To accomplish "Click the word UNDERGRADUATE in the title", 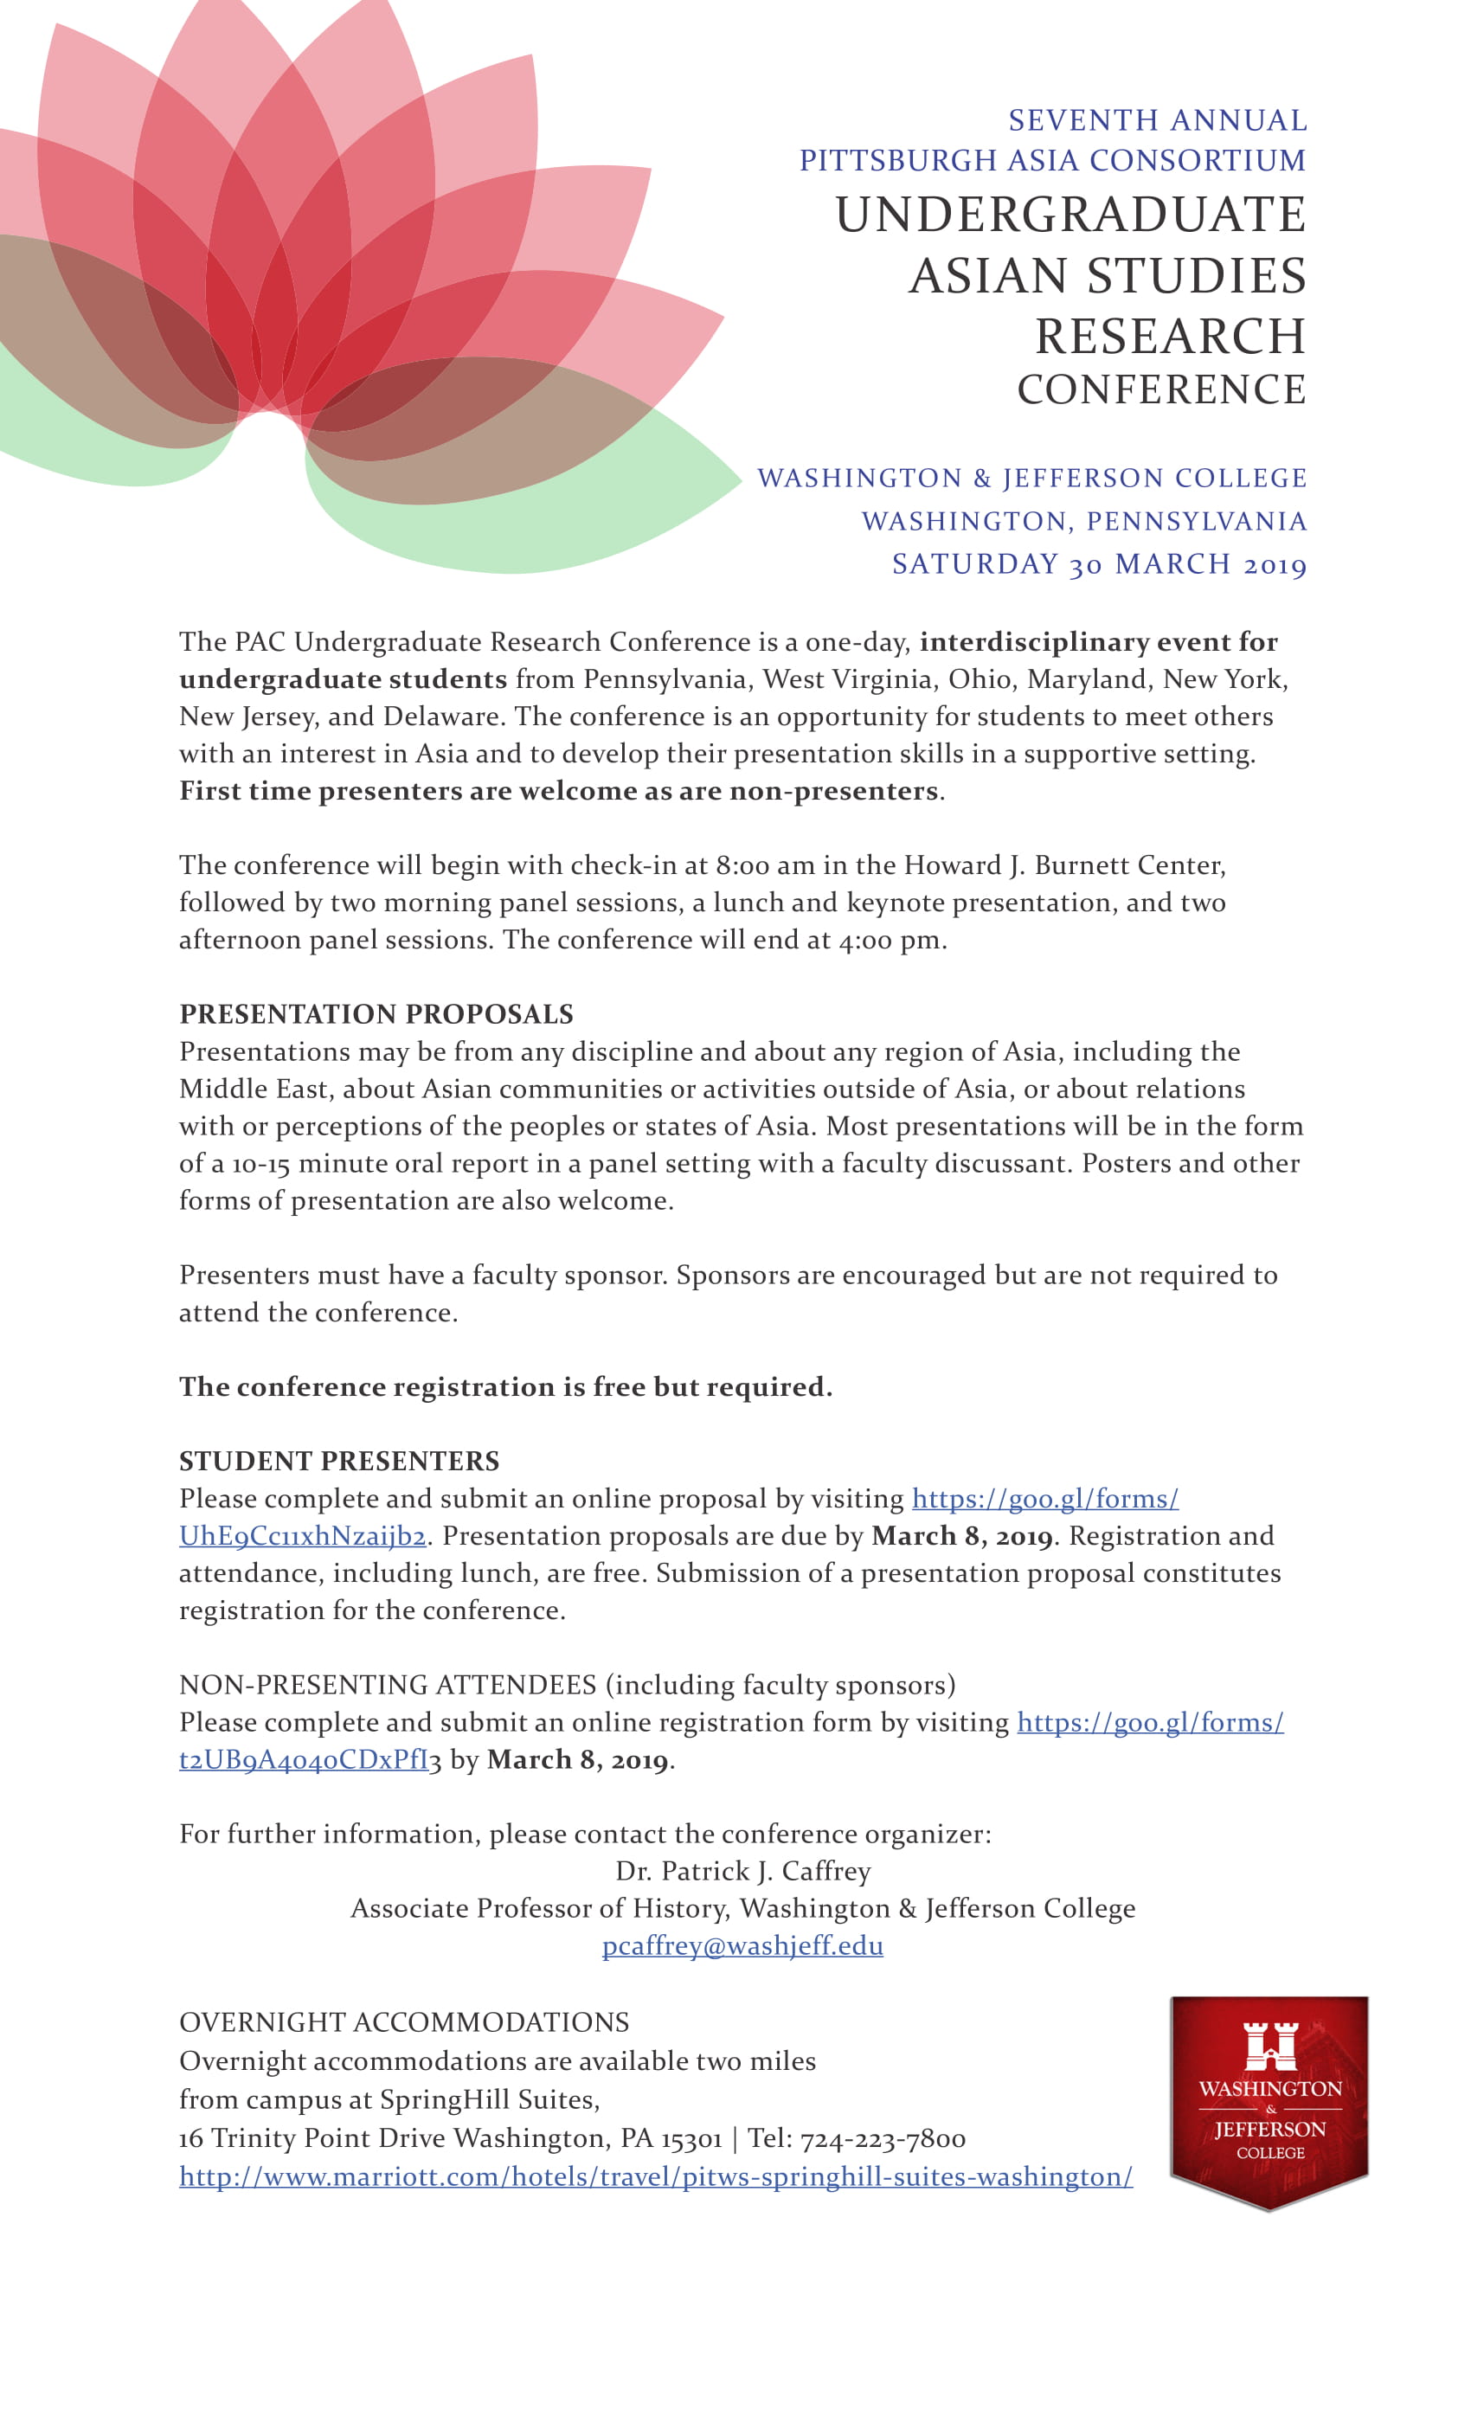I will coord(1070,215).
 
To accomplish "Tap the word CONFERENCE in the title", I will coord(1161,389).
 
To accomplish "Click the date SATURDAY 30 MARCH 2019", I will coord(1098,563).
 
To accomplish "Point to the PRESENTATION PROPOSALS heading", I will coord(376,1014).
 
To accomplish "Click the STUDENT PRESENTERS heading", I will coord(339,1461).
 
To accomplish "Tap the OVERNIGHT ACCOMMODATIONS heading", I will coord(403,2021).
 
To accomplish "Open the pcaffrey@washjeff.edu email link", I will coord(742,1945).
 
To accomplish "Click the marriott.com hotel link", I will coord(656,2176).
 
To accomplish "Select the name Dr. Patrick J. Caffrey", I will coord(742,1870).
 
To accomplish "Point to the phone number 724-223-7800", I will coord(882,2137).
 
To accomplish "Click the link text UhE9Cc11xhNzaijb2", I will coord(302,1536).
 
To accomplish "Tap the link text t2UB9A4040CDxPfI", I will coord(304,1759).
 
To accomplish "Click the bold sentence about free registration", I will coord(505,1386).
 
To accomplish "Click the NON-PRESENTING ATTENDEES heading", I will coord(388,1685).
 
